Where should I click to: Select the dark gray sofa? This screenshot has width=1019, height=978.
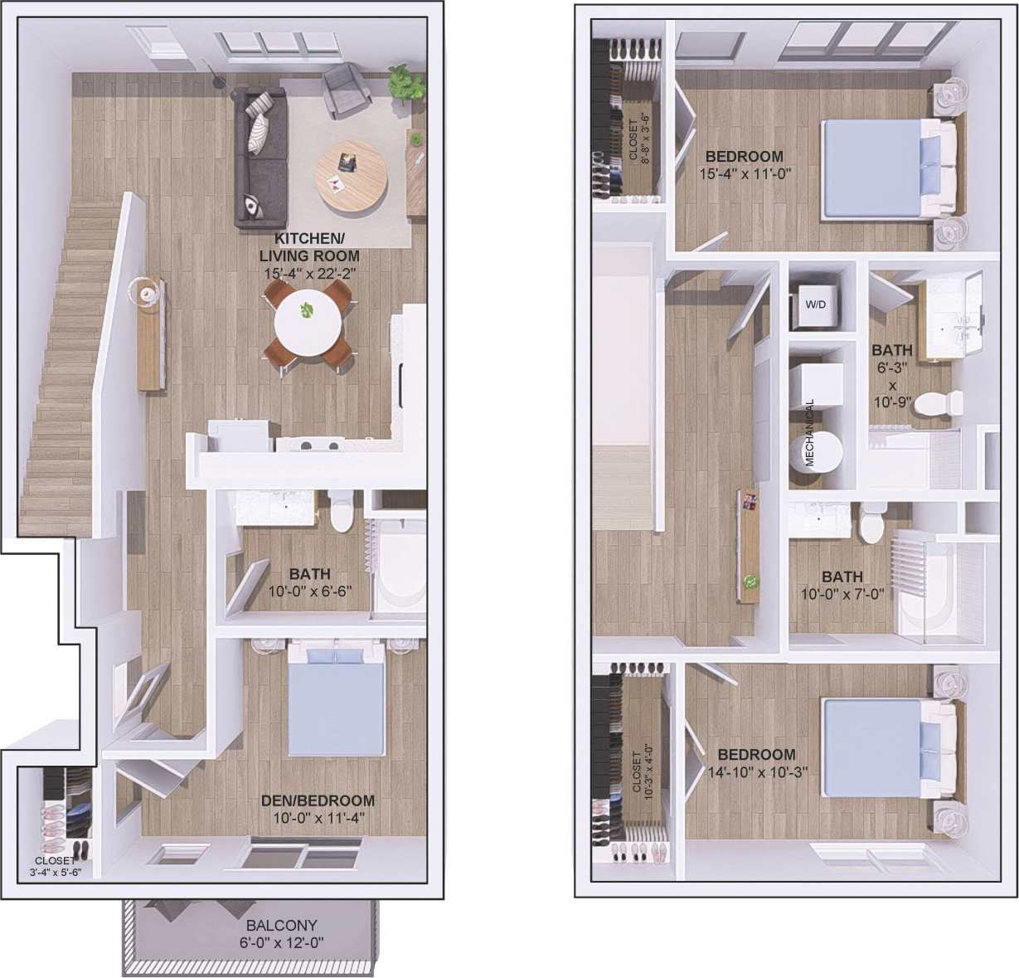tap(260, 158)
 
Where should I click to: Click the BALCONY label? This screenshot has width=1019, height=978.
tap(281, 925)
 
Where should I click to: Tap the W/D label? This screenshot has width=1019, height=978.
tap(816, 304)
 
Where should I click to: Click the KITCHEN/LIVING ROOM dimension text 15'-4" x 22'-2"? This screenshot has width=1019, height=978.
tap(308, 272)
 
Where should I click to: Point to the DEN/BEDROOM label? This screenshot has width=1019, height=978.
tap(318, 801)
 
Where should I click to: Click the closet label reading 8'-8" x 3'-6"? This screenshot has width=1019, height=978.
tap(639, 141)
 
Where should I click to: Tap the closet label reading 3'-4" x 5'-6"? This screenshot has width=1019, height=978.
tap(55, 866)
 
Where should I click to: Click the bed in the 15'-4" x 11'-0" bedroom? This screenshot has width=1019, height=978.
tap(887, 169)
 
